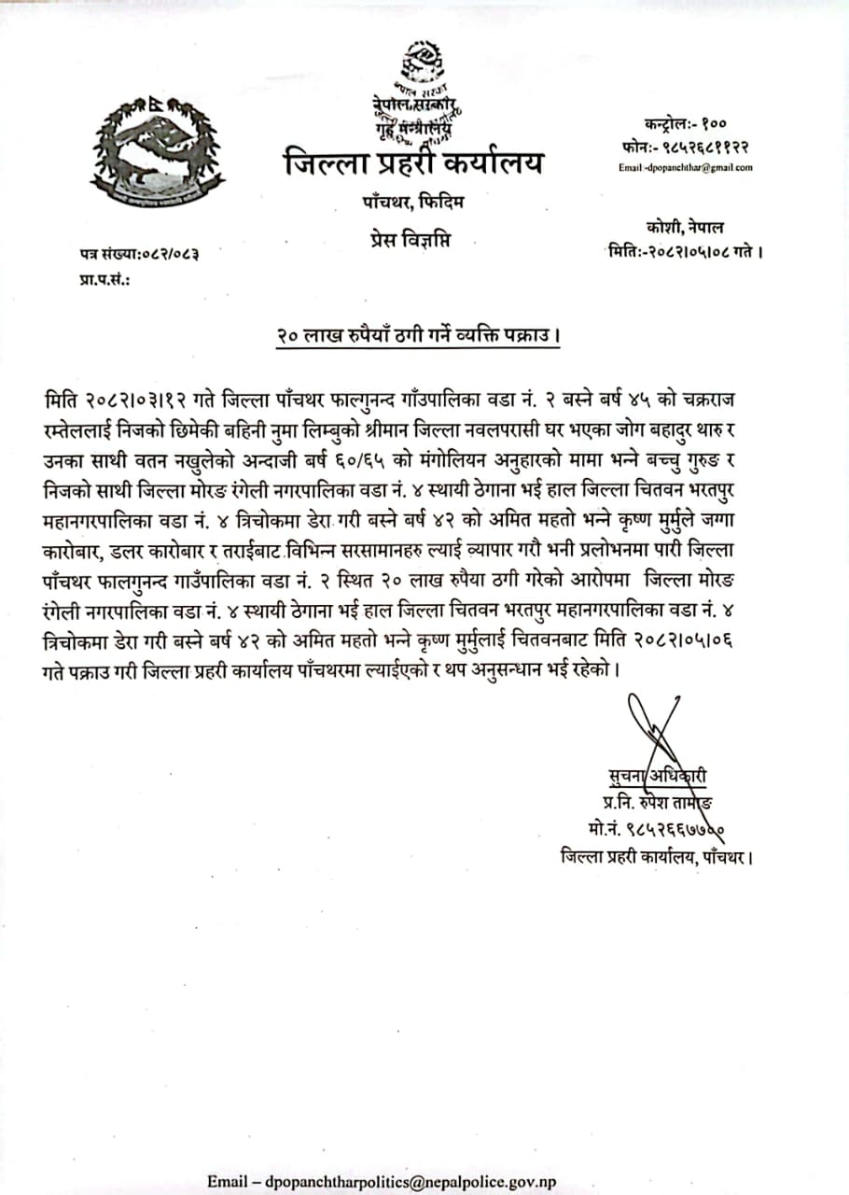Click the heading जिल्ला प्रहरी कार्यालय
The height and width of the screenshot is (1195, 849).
tap(413, 165)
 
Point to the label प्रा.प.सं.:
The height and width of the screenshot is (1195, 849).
tap(104, 278)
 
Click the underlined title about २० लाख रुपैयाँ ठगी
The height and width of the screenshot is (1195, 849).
tap(417, 334)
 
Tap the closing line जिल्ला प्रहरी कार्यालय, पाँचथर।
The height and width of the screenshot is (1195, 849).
tap(657, 854)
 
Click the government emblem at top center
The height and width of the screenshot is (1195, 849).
tap(417, 63)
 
